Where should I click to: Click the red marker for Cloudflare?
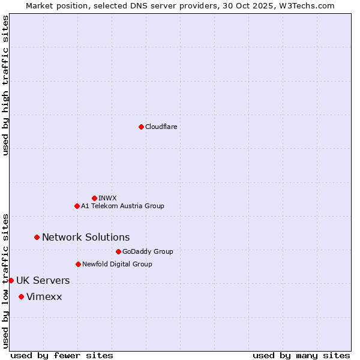[141, 127]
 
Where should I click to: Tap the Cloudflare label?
[161, 127]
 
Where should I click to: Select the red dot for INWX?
[94, 198]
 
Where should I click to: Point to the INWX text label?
[107, 198]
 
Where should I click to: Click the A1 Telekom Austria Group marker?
[77, 206]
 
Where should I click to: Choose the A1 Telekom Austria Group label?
[122, 206]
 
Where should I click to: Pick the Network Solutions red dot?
[37, 237]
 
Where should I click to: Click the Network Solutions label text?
[86, 237]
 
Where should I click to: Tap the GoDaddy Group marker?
[118, 251]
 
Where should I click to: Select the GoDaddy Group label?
[148, 251]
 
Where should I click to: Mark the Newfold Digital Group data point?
[78, 264]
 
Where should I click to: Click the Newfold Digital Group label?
[117, 264]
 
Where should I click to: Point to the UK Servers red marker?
[11, 280]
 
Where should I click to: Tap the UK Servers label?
[43, 280]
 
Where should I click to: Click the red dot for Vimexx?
[21, 296]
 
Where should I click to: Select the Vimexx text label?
[44, 296]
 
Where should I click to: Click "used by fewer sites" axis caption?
[62, 355]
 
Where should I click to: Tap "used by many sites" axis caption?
[301, 355]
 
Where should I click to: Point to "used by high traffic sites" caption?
[5, 85]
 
